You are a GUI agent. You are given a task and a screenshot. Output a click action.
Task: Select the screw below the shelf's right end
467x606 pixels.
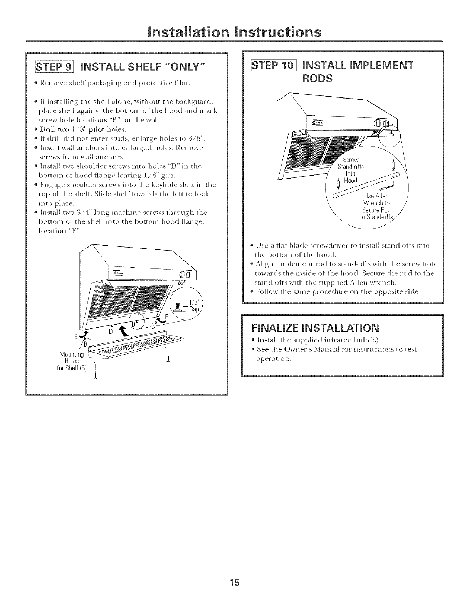pos(168,358)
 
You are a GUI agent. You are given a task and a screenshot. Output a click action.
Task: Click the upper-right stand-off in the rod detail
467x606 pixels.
pos(393,165)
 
